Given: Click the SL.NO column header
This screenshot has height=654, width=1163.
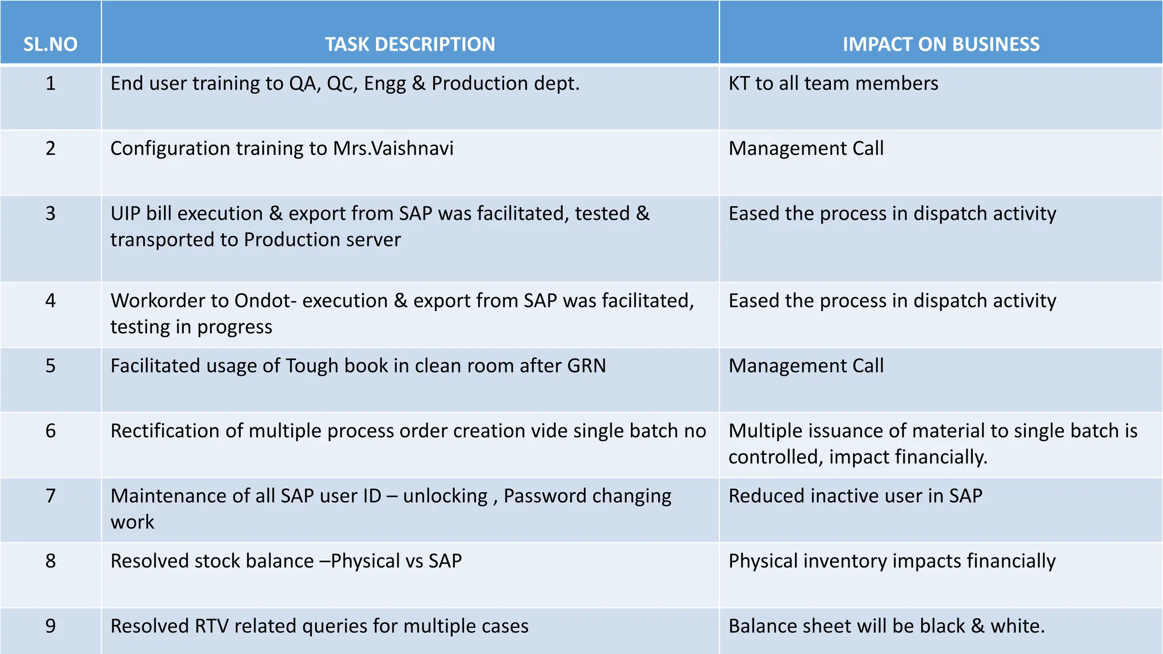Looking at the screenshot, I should point(50,44).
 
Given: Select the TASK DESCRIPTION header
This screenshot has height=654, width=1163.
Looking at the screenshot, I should point(410,44).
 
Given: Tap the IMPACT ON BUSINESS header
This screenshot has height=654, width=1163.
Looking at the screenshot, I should point(941,44).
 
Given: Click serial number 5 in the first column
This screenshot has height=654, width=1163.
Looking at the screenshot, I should point(51,366).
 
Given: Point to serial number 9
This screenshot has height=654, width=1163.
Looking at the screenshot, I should point(51,626).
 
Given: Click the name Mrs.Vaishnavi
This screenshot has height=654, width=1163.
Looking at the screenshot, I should point(393,148).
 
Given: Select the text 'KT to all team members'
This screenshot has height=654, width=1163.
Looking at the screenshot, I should point(833,83).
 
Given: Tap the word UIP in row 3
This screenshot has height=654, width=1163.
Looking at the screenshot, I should point(125,213).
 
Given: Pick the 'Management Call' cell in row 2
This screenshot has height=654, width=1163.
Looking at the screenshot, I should point(806,148).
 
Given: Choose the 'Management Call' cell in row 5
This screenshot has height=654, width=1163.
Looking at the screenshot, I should point(806,366).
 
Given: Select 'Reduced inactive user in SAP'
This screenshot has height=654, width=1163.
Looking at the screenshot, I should point(855,496).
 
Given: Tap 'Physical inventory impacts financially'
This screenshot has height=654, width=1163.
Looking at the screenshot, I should point(892,561).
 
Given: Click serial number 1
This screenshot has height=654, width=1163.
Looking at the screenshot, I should point(51,83).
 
